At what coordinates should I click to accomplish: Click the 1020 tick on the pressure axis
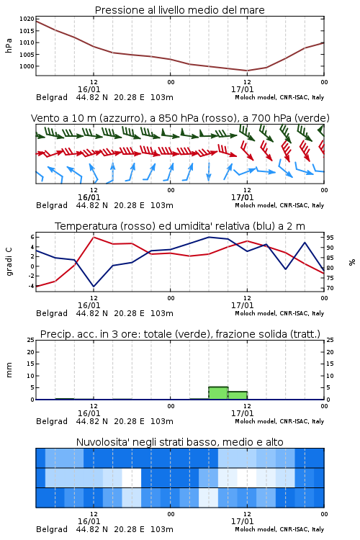click(x=27, y=19)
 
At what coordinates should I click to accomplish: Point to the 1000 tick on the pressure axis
click(x=27, y=66)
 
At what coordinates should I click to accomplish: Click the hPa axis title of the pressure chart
click(x=9, y=45)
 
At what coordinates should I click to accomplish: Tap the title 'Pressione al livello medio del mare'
click(x=180, y=10)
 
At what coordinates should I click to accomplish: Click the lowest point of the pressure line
click(x=247, y=71)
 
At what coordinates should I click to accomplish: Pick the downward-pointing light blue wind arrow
click(x=209, y=171)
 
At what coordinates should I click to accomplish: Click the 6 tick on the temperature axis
click(x=32, y=237)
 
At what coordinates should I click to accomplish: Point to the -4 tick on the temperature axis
click(x=32, y=286)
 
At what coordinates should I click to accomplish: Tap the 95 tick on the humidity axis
click(x=330, y=238)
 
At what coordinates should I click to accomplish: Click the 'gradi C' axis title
click(x=9, y=262)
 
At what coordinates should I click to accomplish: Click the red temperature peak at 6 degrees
click(x=94, y=237)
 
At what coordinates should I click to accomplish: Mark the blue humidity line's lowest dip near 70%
click(x=94, y=287)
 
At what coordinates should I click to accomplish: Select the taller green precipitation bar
click(x=218, y=393)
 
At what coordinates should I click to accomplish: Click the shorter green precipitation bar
click(x=238, y=395)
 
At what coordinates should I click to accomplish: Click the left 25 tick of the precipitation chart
click(x=31, y=340)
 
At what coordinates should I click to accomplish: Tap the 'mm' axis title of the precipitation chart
click(x=9, y=370)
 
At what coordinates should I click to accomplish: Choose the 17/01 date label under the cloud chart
click(x=242, y=521)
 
